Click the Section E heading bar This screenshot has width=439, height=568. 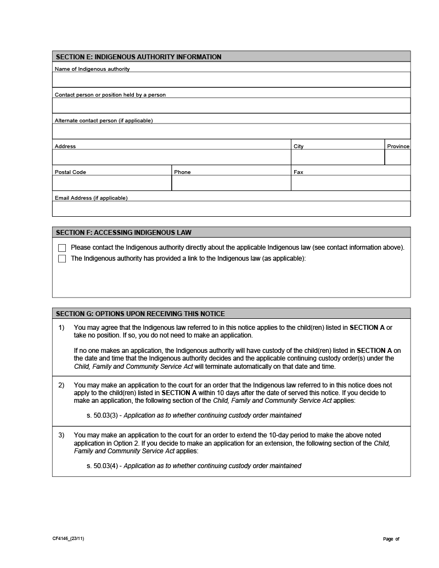click(x=231, y=57)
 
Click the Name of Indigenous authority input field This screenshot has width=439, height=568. click(x=231, y=80)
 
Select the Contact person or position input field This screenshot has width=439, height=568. click(x=231, y=105)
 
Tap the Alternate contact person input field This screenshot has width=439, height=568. click(x=231, y=131)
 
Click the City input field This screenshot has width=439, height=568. click(x=337, y=157)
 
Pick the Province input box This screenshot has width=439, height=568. click(x=397, y=157)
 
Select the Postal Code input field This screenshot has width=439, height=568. click(x=112, y=183)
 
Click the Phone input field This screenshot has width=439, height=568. click(x=231, y=183)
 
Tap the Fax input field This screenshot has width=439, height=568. click(x=351, y=183)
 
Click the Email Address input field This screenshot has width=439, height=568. click(x=231, y=209)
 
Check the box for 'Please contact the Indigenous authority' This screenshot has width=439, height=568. click(x=62, y=248)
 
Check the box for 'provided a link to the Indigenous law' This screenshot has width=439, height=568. click(x=62, y=258)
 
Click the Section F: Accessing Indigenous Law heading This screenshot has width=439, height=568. click(x=123, y=233)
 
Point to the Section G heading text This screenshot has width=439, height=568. click(x=140, y=314)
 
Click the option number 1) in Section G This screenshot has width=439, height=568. click(x=62, y=328)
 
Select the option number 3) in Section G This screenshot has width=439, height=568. click(x=62, y=435)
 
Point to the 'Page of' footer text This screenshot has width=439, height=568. click(x=391, y=539)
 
